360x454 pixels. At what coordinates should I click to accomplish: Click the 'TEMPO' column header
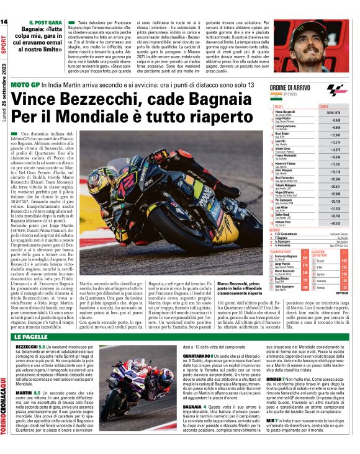(x=324, y=107)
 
